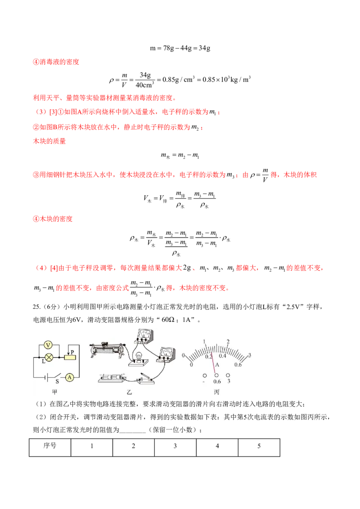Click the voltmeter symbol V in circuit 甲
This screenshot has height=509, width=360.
[x=48, y=345]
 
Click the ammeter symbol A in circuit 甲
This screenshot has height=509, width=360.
[x=69, y=377]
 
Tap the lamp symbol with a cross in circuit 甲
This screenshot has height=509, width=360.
[x=49, y=357]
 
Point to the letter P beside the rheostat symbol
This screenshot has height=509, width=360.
[x=72, y=352]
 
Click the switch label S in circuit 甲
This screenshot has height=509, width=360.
[x=57, y=381]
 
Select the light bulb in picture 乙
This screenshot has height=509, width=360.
[x=139, y=357]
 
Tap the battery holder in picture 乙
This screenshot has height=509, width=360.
[x=112, y=378]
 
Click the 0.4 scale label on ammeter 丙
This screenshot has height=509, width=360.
[x=222, y=356]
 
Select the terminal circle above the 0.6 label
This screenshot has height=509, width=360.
[x=216, y=375]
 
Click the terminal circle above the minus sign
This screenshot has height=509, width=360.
[x=204, y=375]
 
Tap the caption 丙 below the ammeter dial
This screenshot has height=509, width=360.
[x=217, y=392]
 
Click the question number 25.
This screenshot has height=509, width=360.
[x=37, y=307]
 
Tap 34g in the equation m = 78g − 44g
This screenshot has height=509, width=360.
[x=204, y=49]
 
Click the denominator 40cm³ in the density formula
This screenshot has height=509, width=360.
[x=145, y=85]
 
